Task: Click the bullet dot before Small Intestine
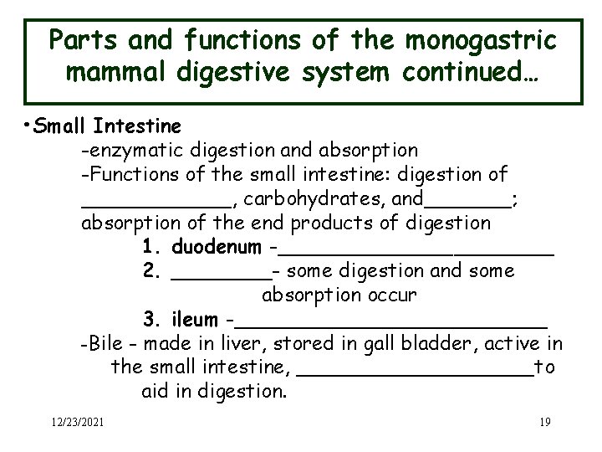(28, 126)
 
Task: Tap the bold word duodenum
(216, 248)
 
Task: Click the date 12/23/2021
(77, 422)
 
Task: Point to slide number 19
(544, 422)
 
